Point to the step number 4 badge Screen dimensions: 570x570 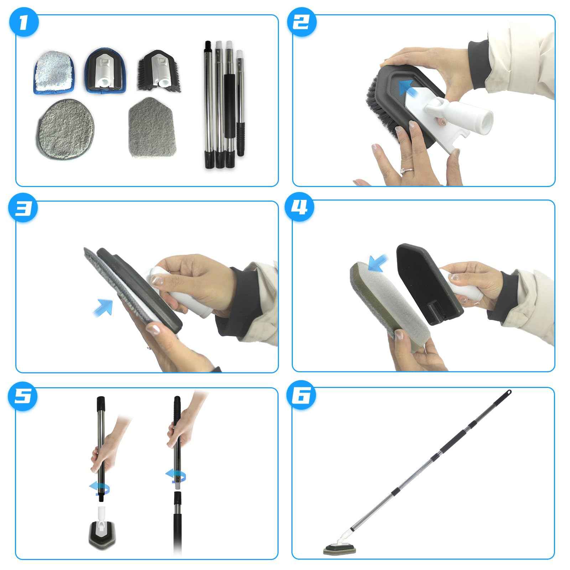[x=301, y=208]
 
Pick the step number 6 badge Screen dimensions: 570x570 [x=301, y=396]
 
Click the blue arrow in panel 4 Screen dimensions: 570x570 [x=378, y=263]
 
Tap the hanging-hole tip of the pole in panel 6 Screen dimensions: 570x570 [x=509, y=392]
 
